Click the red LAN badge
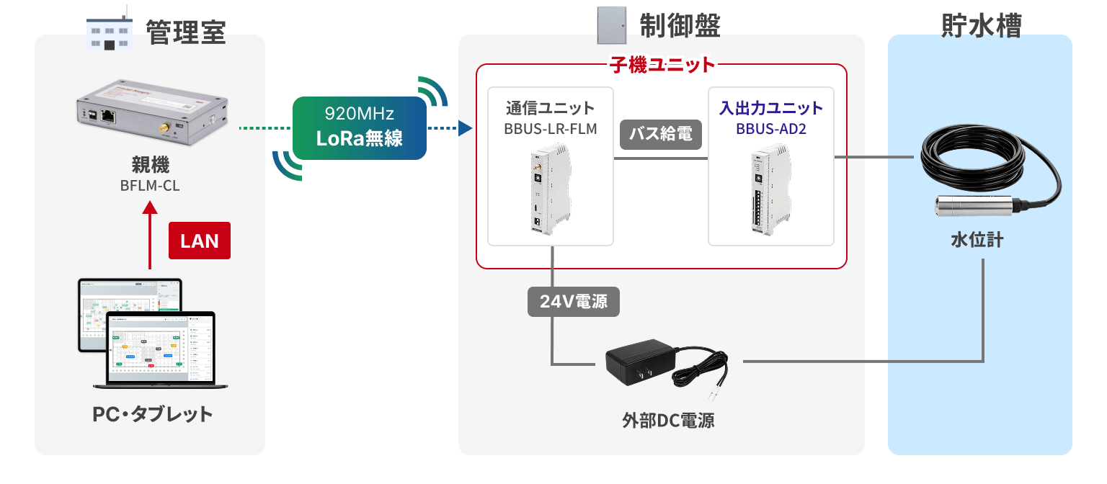tap(200, 241)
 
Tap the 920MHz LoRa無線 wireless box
tap(360, 128)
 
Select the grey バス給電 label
tap(661, 135)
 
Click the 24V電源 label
tap(573, 301)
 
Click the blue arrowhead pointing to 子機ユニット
tap(465, 128)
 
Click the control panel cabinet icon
tap(611, 25)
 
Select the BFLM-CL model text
tap(150, 186)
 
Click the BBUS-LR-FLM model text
tap(551, 129)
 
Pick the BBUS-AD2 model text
tap(771, 129)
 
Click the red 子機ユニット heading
tap(662, 65)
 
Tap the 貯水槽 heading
tap(981, 26)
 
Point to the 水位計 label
tap(977, 240)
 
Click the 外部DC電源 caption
tap(668, 421)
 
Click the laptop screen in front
tap(161, 348)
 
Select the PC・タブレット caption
tap(152, 414)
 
